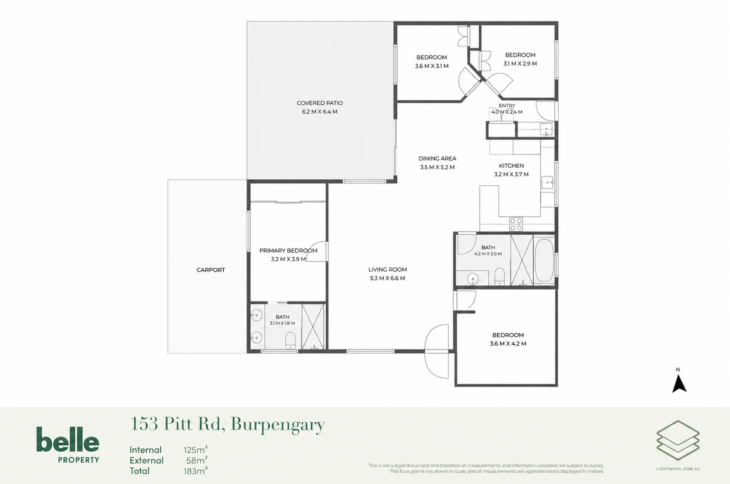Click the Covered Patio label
(x=319, y=103)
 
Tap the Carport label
(x=210, y=270)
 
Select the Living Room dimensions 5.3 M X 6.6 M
(x=387, y=278)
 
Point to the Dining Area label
(x=438, y=159)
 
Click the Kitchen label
(x=511, y=166)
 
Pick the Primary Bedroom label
(x=288, y=251)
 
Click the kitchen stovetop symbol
(x=516, y=224)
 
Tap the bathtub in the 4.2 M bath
(x=544, y=260)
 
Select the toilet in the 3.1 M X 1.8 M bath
(x=290, y=340)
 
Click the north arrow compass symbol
(x=679, y=384)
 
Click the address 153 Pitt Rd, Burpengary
(x=228, y=424)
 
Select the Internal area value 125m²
(x=195, y=450)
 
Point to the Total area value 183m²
(x=195, y=471)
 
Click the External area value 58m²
(x=197, y=460)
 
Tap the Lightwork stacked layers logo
(x=678, y=440)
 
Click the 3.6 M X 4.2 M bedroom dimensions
(x=508, y=344)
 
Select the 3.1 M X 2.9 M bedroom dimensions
(x=520, y=64)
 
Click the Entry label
(x=507, y=106)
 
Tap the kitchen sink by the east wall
(x=547, y=183)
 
